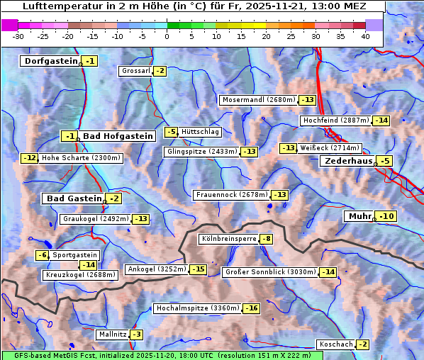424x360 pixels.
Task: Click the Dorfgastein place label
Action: click(50, 61)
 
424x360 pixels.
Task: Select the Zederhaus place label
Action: click(347, 161)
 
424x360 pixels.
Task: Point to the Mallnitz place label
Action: click(112, 334)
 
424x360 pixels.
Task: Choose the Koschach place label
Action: click(335, 344)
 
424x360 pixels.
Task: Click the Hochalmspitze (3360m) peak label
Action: click(197, 308)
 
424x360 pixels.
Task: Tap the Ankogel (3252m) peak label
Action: click(156, 269)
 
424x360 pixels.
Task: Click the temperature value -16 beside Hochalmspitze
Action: click(252, 308)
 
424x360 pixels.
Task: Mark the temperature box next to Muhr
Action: click(386, 216)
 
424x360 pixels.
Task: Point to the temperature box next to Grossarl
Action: click(160, 71)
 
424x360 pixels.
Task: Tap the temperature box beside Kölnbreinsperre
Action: click(266, 240)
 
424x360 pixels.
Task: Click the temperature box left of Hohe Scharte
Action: click(29, 158)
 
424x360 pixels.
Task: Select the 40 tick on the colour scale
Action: click(365, 35)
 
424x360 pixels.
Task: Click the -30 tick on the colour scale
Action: click(18, 35)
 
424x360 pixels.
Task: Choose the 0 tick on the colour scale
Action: click(167, 35)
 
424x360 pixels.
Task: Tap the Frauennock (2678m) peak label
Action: click(232, 194)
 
